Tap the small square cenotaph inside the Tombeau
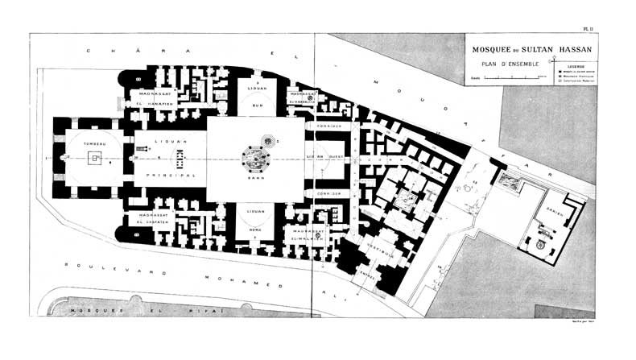(x=96, y=159)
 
